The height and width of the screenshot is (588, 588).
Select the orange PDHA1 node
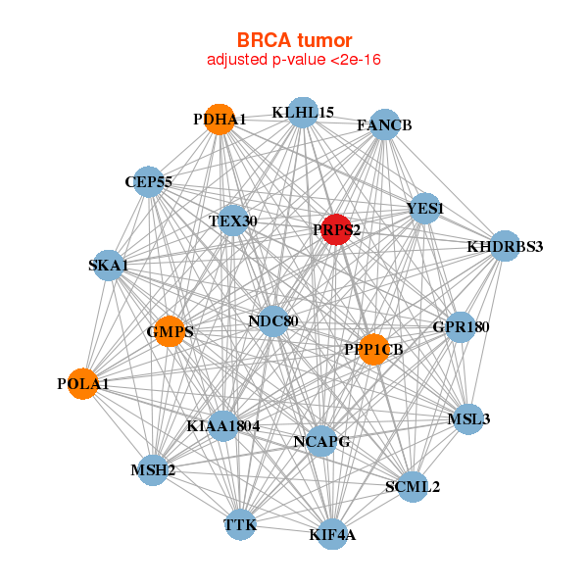coord(220,120)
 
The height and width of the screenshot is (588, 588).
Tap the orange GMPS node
coord(169,331)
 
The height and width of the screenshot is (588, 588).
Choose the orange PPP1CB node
coord(373,349)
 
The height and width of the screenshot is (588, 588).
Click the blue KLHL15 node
coord(303,113)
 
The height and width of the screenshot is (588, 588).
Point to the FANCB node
coord(384,124)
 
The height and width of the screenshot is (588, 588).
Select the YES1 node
coord(424,208)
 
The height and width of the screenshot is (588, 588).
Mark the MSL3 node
coord(468,418)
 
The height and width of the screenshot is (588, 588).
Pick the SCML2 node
coord(413,485)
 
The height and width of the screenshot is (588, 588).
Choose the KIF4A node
coord(332,534)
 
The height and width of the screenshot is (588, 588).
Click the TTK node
coord(240,525)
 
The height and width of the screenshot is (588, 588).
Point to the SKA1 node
coord(107,266)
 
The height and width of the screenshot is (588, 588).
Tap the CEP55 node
coord(148,181)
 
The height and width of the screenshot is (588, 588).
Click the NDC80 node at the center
coord(273,320)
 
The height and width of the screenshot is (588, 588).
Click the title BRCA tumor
coord(294,40)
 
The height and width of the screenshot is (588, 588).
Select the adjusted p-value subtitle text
coord(294,60)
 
